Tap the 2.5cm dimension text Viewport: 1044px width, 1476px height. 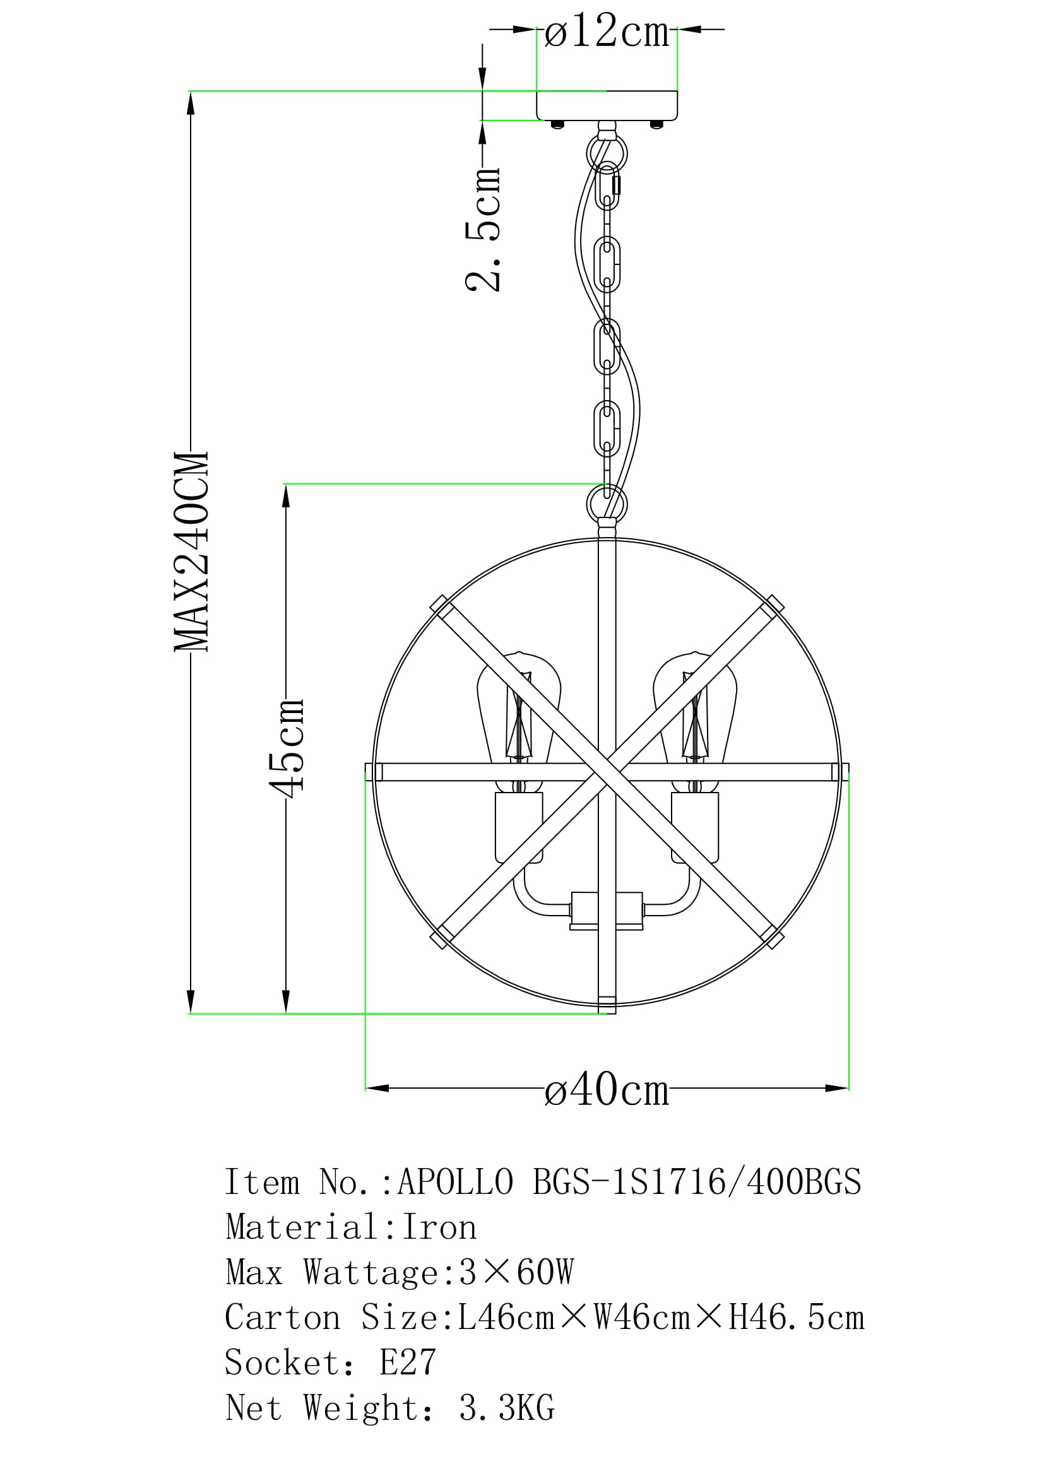point(483,229)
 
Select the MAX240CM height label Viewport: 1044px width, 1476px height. point(192,552)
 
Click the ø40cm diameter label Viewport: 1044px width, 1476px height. point(607,1089)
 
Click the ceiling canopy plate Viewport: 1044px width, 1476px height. point(607,106)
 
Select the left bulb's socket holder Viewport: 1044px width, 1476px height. point(519,827)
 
